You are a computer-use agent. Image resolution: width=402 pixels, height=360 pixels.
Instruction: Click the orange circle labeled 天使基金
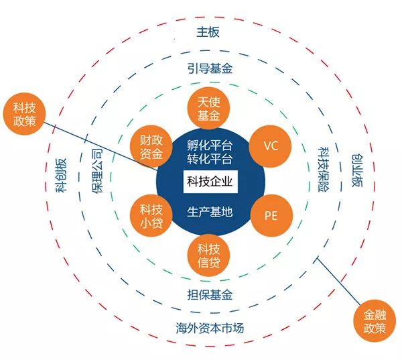point(208,108)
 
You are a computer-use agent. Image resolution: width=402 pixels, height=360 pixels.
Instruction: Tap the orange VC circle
point(270,146)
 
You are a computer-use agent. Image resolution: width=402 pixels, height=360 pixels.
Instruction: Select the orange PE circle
point(271,216)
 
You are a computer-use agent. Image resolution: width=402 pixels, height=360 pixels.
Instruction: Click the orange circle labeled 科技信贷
point(208,255)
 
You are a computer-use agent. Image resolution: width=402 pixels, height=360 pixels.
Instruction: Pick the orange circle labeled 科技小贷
point(151,216)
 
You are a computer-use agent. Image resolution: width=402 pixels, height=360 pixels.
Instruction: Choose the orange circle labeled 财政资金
point(151,147)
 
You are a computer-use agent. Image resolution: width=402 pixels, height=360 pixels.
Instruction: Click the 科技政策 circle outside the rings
point(24,114)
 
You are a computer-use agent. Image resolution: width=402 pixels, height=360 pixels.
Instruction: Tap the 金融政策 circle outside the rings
point(375,320)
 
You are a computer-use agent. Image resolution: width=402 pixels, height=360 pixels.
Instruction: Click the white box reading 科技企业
point(210,182)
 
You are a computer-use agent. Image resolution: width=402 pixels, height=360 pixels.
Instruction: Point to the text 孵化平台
point(210,146)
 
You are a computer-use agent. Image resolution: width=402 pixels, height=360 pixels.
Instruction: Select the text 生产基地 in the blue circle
point(210,212)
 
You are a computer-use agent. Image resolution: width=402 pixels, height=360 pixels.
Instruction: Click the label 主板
point(208,32)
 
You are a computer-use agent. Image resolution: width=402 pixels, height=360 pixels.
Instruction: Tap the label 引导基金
point(210,68)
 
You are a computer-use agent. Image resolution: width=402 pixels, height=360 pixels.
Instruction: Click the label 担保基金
point(210,294)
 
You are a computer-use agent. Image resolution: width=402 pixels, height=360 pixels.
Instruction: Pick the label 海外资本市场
point(210,328)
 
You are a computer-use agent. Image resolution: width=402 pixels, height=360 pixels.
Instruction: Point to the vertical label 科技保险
point(324,170)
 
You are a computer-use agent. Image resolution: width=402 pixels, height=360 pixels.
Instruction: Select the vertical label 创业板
point(357,170)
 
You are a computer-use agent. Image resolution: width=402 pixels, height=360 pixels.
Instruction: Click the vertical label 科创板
point(62,175)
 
